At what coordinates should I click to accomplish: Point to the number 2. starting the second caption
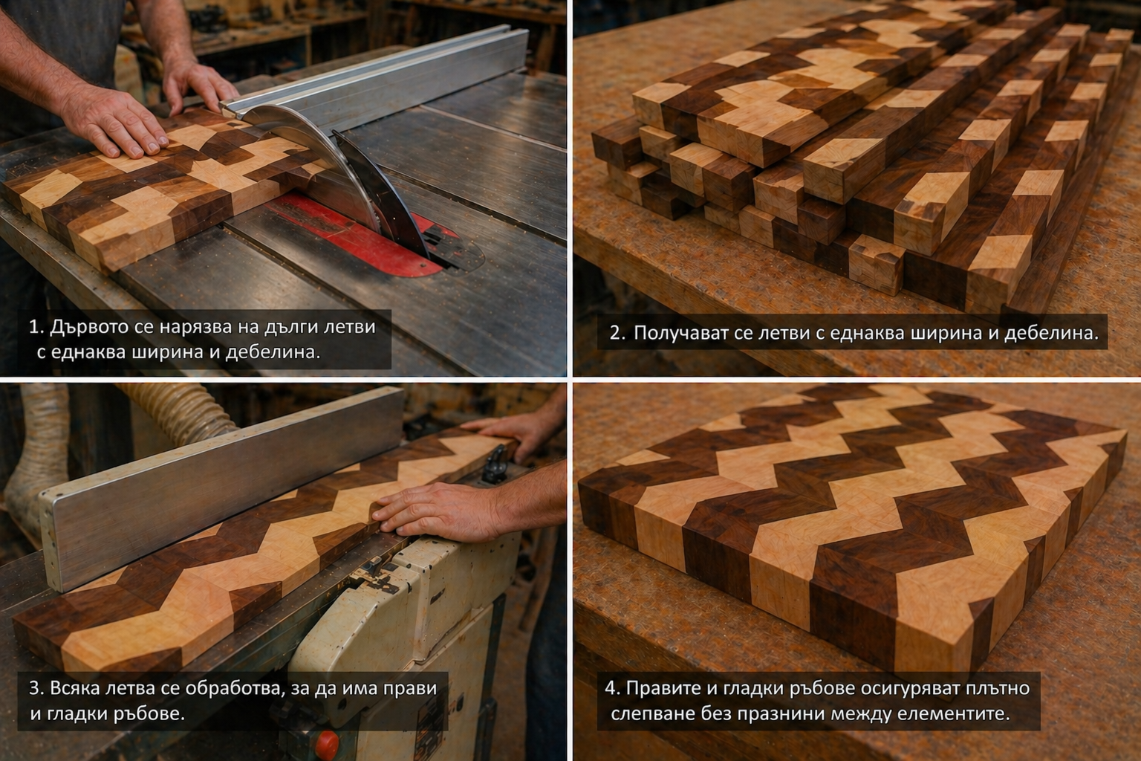[618, 334]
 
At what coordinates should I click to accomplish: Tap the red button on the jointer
[326, 744]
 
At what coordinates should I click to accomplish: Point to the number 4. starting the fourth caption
[613, 688]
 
